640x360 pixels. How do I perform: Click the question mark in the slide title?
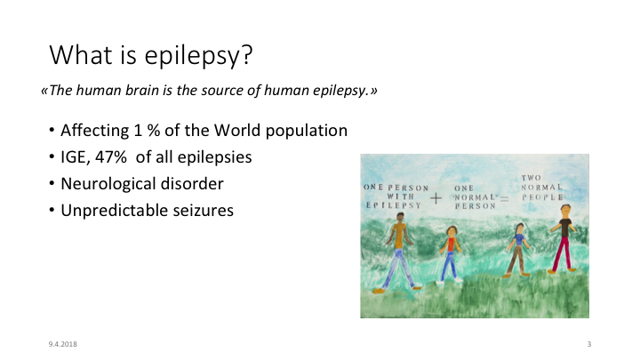247,54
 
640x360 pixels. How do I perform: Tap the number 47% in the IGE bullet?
111,157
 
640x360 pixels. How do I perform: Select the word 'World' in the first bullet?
237,130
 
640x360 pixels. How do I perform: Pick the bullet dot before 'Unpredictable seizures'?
52,211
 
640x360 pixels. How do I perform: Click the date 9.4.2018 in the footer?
63,344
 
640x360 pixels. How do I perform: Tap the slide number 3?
589,344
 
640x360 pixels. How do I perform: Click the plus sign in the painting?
436,198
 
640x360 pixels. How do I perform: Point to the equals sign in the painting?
505,199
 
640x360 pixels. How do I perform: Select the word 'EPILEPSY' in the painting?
394,205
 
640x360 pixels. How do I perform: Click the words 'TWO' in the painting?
531,178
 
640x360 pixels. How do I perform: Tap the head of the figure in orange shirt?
400,217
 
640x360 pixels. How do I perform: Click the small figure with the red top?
450,253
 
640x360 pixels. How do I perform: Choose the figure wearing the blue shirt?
517,250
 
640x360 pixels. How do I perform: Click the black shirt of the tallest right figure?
565,228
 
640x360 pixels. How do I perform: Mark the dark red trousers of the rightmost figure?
563,253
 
